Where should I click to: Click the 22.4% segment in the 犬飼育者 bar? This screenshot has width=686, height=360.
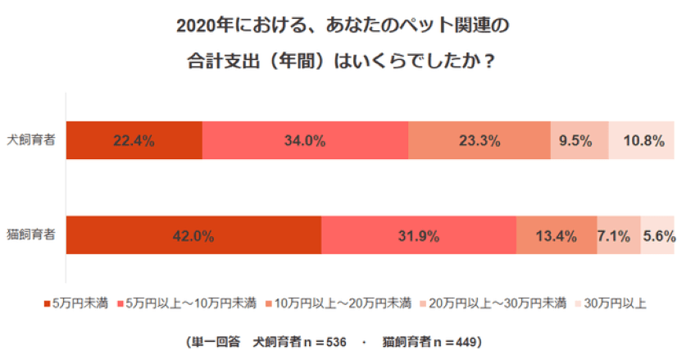tap(134, 140)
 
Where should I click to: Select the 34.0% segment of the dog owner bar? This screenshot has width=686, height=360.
tap(305, 140)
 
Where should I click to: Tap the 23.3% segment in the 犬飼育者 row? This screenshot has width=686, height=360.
tap(479, 140)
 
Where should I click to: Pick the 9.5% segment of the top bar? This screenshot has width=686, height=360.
tap(579, 140)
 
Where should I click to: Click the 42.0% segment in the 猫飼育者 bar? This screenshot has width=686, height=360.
tap(193, 236)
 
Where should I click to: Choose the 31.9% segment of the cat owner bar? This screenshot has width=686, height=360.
tap(418, 236)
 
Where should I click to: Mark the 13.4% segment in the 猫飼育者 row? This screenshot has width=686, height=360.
tap(556, 236)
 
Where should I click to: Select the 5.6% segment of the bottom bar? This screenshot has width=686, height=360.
tap(657, 236)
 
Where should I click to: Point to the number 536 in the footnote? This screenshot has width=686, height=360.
tap(337, 340)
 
